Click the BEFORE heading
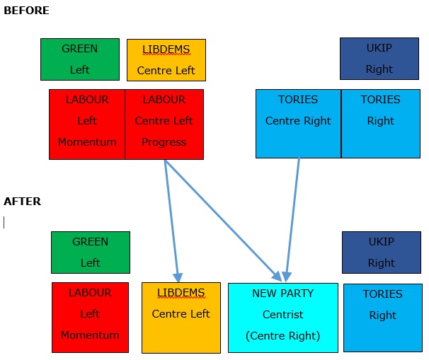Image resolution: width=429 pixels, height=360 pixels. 26,11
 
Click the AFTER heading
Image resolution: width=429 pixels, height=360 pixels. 22,202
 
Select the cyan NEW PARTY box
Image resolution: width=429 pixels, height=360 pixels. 282,317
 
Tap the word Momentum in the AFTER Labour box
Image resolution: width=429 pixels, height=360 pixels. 90,335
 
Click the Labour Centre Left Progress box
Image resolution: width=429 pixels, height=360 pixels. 164,124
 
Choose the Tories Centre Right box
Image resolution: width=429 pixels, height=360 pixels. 298,123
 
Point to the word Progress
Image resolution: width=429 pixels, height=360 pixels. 164,142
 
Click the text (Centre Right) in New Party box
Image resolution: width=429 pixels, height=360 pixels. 282,336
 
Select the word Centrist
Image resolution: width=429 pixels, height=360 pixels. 282,314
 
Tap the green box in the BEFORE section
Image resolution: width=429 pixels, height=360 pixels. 80,59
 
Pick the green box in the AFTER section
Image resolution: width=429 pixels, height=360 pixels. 91,252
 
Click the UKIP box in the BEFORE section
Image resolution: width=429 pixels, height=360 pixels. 379,59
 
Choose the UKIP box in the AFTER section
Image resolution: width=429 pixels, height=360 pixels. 382,252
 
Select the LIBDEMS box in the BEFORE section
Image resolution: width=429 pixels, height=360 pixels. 166,59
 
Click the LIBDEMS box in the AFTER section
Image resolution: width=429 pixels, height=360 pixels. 181,318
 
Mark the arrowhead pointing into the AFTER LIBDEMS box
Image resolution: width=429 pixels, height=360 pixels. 178,277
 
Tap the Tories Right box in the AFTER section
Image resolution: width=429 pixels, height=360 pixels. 382,318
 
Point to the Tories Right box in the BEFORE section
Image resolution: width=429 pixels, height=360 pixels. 380,123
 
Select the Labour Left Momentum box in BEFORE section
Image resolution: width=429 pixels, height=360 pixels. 87,124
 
